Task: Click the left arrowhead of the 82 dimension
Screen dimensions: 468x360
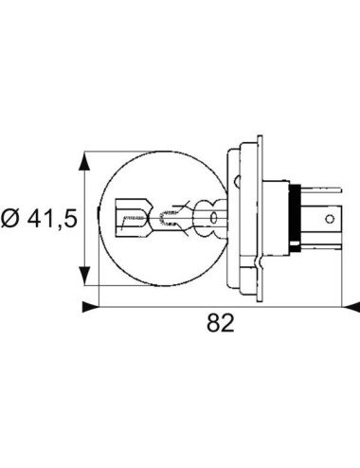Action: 90,306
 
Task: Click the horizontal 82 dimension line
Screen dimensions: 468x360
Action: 220,306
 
